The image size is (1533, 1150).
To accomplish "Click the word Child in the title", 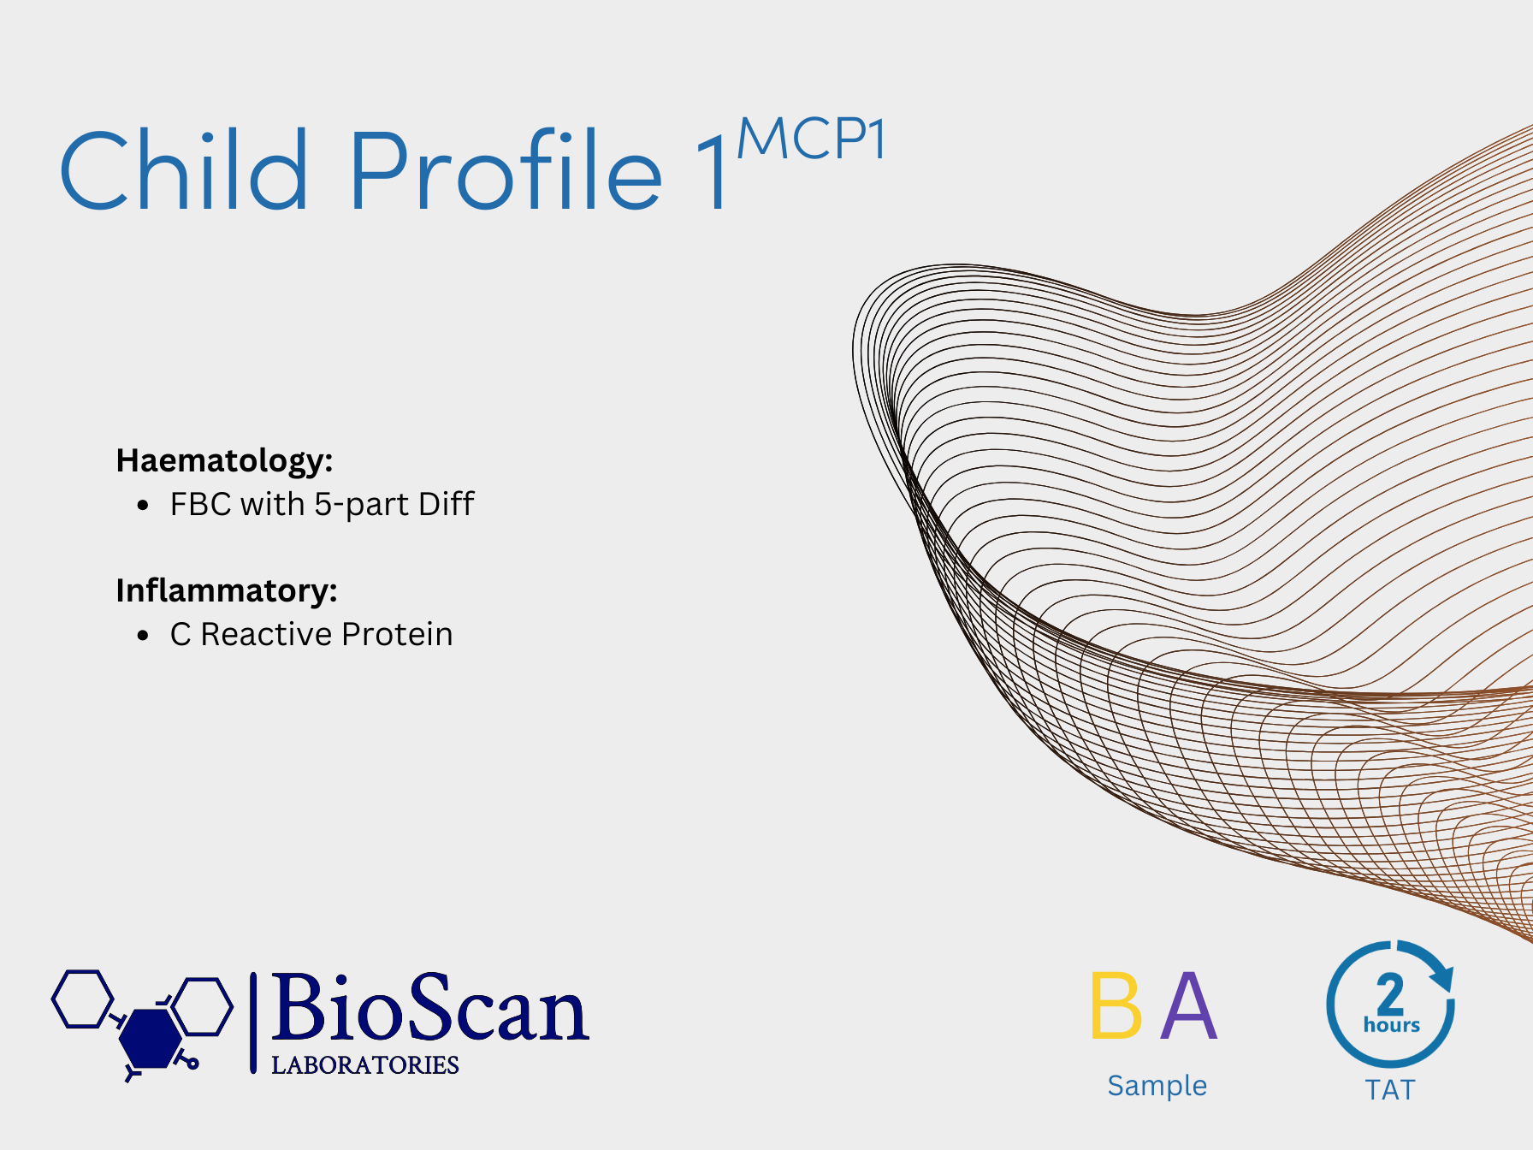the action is coord(183,169).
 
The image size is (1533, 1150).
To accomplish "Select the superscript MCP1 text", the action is coord(811,139).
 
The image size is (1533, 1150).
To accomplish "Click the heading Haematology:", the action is coord(224,460).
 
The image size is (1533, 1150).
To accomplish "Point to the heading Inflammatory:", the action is coord(227,590).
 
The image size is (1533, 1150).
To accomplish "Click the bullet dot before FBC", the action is coord(143,505).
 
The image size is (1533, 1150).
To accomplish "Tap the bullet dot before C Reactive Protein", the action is coord(143,635).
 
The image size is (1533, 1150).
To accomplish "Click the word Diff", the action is coord(447,503).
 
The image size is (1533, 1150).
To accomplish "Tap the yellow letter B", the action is coord(1116,1005).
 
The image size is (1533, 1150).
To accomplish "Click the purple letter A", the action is coord(1188,1005).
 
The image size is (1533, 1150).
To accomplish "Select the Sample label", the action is coord(1157,1085).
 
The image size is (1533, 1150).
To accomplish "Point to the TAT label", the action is coord(1390,1090).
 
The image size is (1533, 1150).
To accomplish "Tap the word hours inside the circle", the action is coord(1392,1024).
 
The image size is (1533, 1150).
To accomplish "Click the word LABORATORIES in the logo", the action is coord(365,1064).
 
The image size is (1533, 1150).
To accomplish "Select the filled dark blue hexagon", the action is coord(151,1037).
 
